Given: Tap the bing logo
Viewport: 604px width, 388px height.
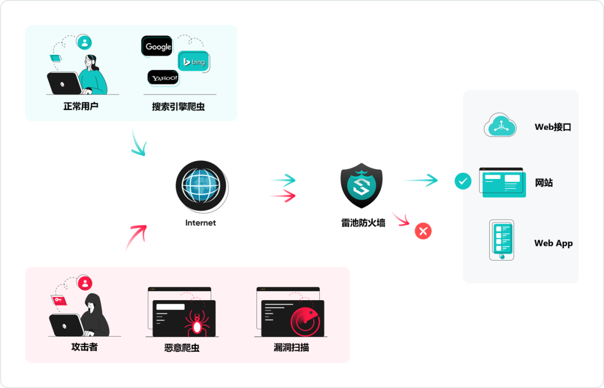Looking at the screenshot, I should pyautogui.click(x=194, y=61).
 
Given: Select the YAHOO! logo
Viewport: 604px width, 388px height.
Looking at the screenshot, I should pyautogui.click(x=163, y=78).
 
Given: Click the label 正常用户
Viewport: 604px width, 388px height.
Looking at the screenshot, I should pyautogui.click(x=81, y=106).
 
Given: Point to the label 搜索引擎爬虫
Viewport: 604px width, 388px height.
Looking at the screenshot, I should pyautogui.click(x=178, y=106).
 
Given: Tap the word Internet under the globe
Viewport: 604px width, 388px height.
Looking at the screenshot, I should pyautogui.click(x=200, y=223).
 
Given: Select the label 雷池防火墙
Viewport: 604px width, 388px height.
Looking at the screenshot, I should pyautogui.click(x=363, y=223).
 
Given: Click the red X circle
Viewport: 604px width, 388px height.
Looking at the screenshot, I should pyautogui.click(x=423, y=231).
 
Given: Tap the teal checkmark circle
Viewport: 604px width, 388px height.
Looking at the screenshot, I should pyautogui.click(x=463, y=181).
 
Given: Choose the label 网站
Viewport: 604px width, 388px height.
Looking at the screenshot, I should pyautogui.click(x=544, y=182).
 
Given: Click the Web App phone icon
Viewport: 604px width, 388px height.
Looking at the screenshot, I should pyautogui.click(x=501, y=240).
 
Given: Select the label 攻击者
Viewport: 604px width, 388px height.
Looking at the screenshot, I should pyautogui.click(x=84, y=347).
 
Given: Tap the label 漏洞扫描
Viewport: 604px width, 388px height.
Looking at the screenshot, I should pyautogui.click(x=291, y=347).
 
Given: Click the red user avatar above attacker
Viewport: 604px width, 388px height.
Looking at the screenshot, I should pyautogui.click(x=84, y=283).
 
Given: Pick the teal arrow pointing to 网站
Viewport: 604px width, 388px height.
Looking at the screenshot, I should pyautogui.click(x=421, y=180).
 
